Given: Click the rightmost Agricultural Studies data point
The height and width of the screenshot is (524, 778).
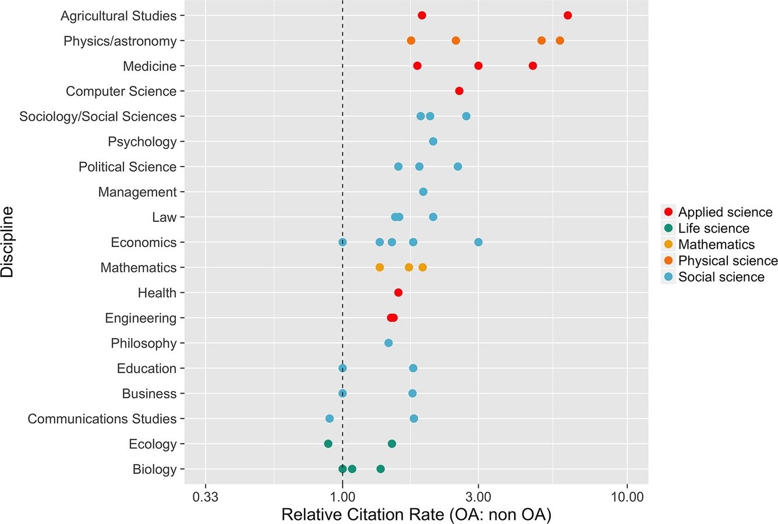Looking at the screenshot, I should (568, 15).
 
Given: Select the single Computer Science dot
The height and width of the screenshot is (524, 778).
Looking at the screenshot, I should (459, 91).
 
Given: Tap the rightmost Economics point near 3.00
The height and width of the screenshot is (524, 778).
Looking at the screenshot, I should (478, 242).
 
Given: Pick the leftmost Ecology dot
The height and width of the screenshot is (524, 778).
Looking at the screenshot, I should (328, 444).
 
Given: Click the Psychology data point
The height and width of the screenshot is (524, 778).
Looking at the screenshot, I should (433, 141).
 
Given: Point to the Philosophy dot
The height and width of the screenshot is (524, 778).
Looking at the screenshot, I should (388, 343).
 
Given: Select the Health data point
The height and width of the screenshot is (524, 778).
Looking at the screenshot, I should (398, 292).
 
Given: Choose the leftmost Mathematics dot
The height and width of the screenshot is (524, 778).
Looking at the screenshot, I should (380, 267).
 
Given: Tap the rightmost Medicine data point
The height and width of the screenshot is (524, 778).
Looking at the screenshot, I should (532, 66).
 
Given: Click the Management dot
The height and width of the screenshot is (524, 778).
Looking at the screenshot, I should (423, 192).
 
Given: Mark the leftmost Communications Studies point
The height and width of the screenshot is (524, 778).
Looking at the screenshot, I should (330, 419).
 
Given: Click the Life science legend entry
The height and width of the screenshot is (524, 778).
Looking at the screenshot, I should (713, 228).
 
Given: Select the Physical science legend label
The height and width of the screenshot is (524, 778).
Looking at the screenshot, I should (727, 261).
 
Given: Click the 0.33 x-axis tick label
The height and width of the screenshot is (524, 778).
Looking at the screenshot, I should (205, 497).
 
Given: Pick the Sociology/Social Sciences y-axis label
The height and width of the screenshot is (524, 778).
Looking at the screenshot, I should (98, 116).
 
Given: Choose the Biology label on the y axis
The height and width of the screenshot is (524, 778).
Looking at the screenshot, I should (154, 469).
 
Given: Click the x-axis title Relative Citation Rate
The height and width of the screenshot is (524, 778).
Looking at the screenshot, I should (416, 515).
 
